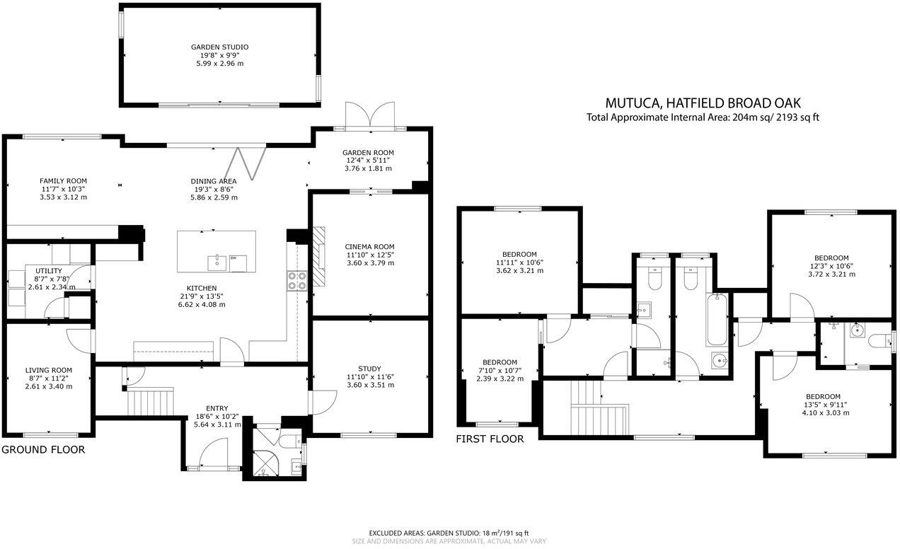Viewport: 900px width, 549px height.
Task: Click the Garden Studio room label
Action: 219,47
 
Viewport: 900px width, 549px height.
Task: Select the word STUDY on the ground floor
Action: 369,369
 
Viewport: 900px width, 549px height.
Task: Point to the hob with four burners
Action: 296,282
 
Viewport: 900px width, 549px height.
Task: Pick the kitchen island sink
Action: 214,262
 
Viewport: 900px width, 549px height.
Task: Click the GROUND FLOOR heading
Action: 43,450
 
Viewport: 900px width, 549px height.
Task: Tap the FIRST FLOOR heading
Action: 490,439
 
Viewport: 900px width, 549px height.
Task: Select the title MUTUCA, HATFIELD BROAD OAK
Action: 703,103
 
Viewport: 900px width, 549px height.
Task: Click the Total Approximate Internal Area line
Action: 703,117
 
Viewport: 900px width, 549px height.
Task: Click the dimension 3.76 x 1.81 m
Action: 368,168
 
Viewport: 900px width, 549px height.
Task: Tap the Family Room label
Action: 64,181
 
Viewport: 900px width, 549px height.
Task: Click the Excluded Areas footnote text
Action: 449,533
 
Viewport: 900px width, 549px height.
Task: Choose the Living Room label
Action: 49,370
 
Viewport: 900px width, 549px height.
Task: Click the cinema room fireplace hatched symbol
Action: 320,256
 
